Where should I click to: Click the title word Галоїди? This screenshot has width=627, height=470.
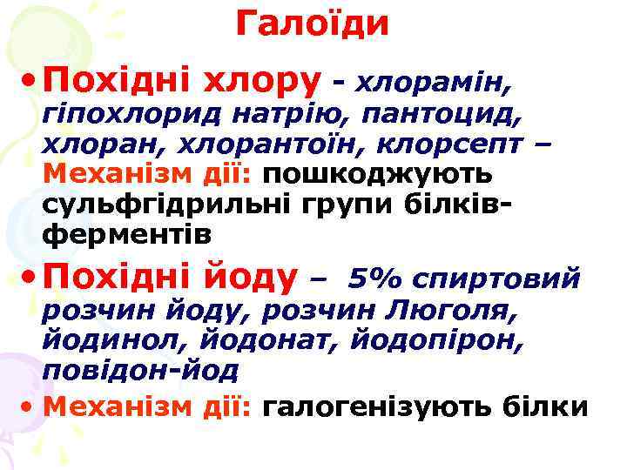[313, 23]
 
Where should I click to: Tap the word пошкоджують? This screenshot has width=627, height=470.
[377, 171]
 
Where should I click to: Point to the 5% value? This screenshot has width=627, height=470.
[375, 279]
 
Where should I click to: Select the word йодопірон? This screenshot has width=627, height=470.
[435, 340]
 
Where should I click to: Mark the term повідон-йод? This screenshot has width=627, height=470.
[139, 371]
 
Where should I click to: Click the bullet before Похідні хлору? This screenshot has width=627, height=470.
[29, 81]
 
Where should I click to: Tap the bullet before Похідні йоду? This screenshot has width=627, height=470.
[29, 277]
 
